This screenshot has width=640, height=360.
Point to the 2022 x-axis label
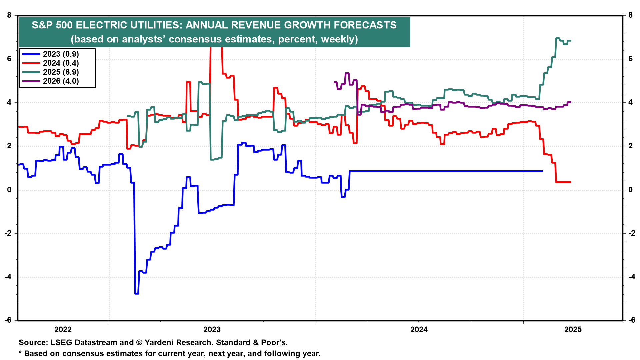coord(63,330)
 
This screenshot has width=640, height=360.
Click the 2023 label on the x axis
coord(212,330)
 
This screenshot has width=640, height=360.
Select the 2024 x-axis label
coord(419,330)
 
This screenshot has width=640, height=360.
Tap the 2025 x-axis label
coord(573,330)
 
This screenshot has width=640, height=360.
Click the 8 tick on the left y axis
coord(9,15)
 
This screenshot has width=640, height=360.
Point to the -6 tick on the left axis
coord(8,320)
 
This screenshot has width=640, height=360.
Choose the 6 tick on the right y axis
coord(630,59)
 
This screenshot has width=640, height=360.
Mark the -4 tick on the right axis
coord(632,277)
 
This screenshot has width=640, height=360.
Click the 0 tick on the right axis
coord(630,190)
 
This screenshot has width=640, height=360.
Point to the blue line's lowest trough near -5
coord(136,294)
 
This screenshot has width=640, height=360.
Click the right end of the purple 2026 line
coord(571,102)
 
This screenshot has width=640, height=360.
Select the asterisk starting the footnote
coord(20,353)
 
